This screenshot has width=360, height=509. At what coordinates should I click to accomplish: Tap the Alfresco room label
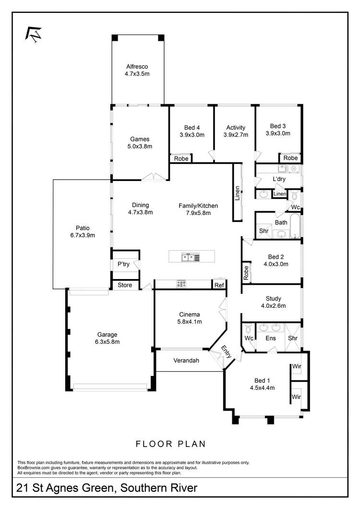pos(137,67)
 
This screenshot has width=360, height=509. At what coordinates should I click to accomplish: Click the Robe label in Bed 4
pos(181,158)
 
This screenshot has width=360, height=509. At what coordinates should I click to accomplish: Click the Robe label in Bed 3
pos(290,158)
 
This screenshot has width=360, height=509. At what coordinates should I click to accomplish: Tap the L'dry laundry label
pos(279,179)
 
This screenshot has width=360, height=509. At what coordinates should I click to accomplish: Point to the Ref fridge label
pos(219,285)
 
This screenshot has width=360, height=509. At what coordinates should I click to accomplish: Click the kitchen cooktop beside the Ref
pos(181,284)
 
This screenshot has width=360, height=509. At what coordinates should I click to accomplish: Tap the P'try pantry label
pos(123,264)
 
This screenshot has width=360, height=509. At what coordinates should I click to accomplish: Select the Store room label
pos(125,285)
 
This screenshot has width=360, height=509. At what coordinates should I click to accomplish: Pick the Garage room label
pos(108,335)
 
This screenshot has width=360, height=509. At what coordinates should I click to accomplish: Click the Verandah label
pos(186,360)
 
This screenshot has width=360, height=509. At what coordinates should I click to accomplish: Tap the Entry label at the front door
pos(226,351)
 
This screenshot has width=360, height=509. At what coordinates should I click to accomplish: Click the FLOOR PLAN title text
pos(170,444)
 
